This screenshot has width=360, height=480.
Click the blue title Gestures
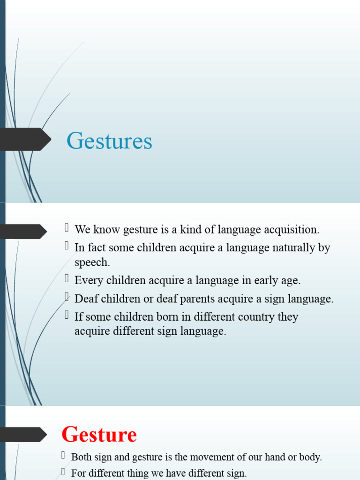pos(109,141)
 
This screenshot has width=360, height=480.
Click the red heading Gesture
pos(99,435)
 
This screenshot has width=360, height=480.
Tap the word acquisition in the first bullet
pos(291,230)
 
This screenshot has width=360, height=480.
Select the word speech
pos(92,262)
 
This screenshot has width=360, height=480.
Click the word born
pos(167,316)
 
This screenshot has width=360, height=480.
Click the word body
pos(310,457)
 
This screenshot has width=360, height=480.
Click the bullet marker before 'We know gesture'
pos(67,228)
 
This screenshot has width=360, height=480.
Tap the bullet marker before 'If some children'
pos(67,315)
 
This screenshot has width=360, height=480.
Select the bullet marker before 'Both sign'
pos(64,455)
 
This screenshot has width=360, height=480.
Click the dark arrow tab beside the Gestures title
pos(26,140)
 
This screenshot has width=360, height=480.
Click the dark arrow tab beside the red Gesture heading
pos(23,434)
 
